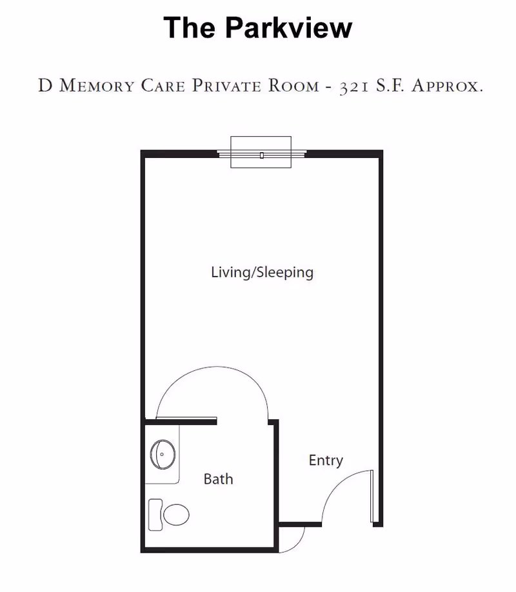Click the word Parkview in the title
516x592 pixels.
pyautogui.click(x=289, y=28)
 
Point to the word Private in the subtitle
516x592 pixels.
pyautogui.click(x=223, y=86)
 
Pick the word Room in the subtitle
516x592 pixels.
pyautogui.click(x=285, y=86)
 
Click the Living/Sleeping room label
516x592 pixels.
pyautogui.click(x=262, y=272)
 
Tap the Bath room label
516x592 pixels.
pyautogui.click(x=218, y=479)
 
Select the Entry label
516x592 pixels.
pyautogui.click(x=326, y=460)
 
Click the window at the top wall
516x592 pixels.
pyautogui.click(x=261, y=153)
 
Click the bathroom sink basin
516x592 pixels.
pyautogui.click(x=163, y=454)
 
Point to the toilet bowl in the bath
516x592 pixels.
pyautogui.click(x=176, y=514)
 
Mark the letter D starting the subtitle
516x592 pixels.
pyautogui.click(x=45, y=86)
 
